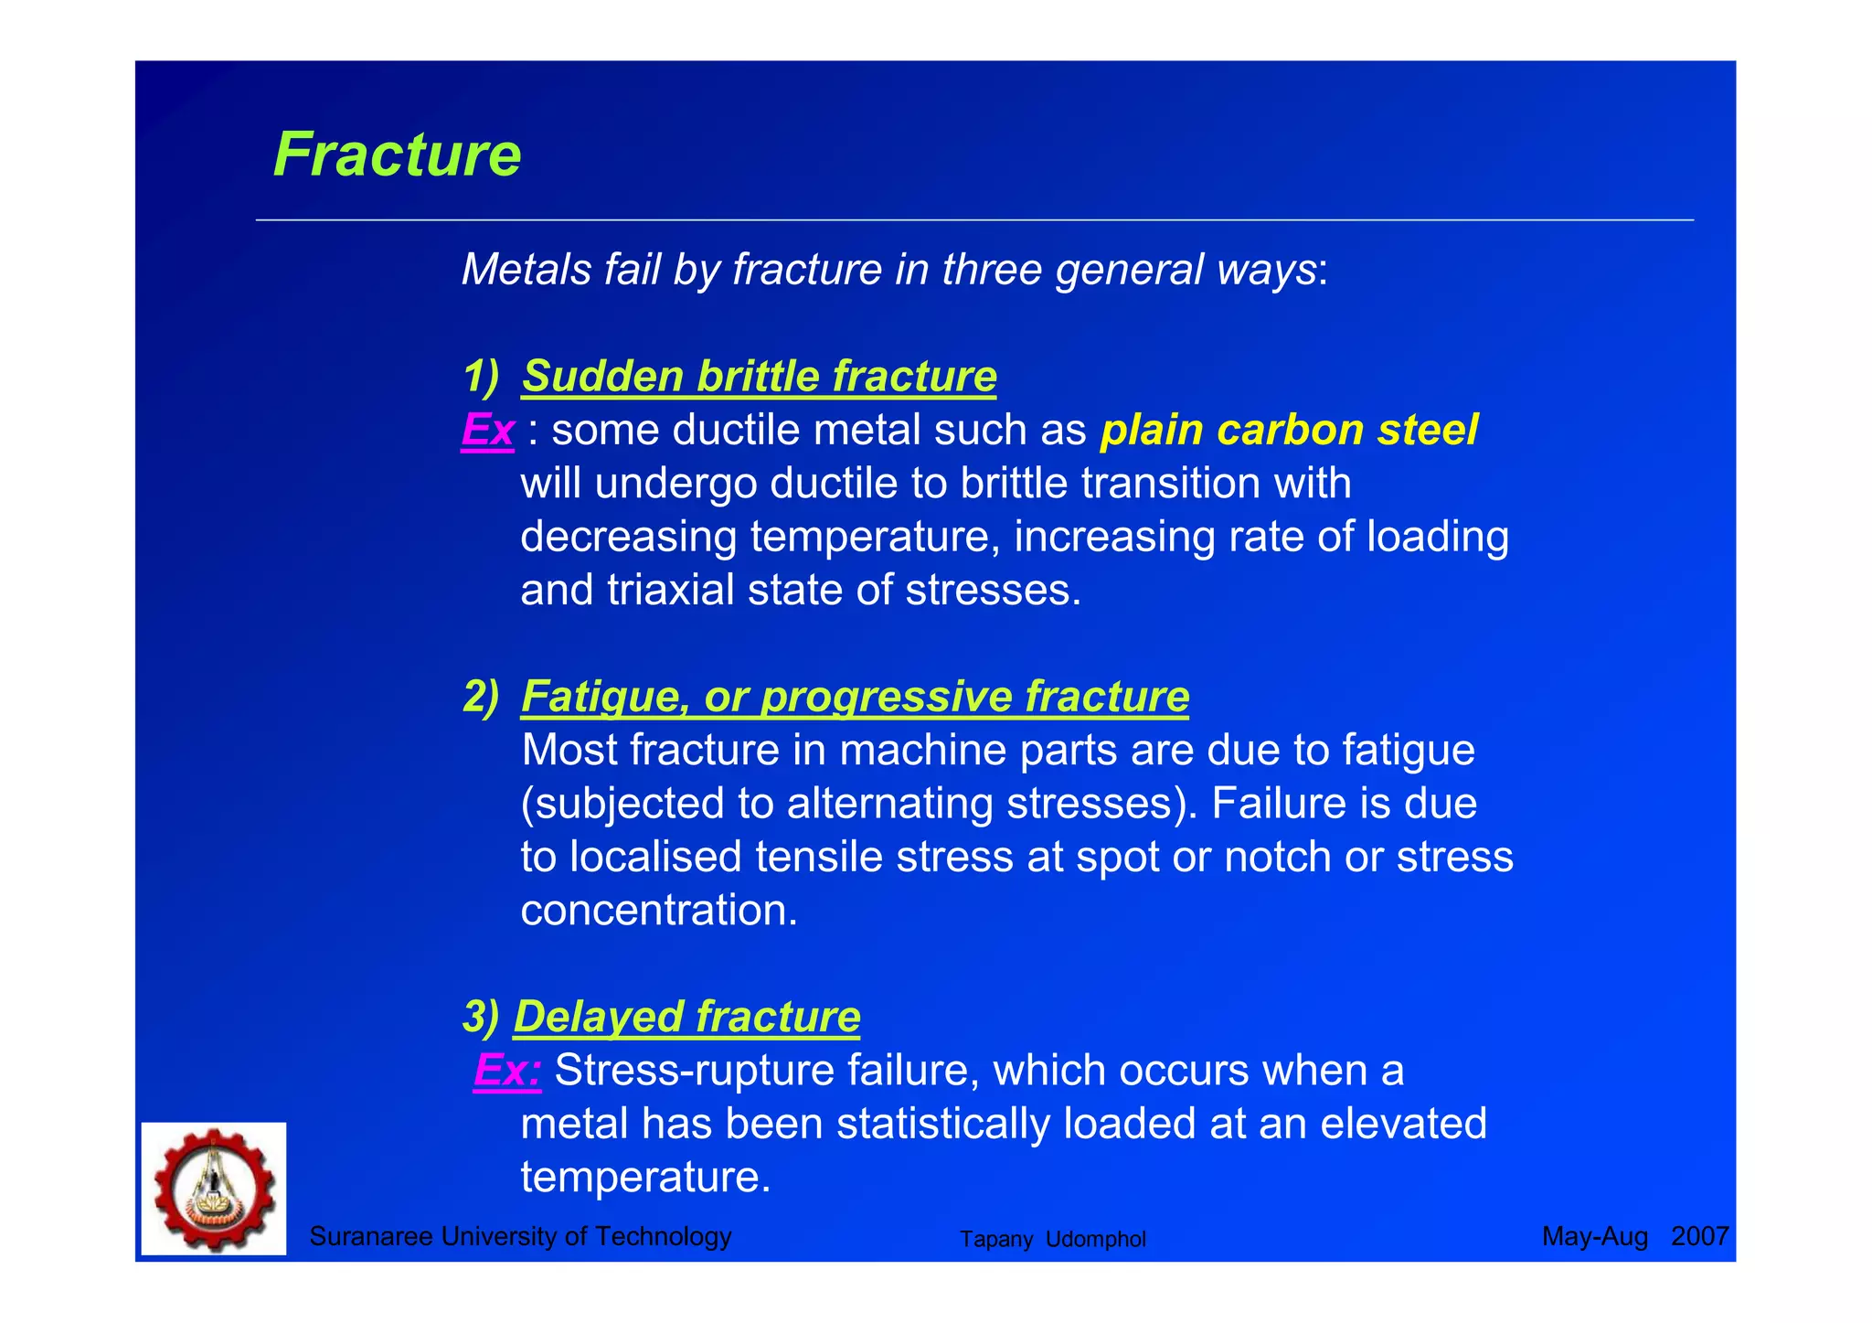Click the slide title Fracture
[x=397, y=155]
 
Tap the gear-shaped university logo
[x=214, y=1189]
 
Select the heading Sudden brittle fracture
[x=759, y=377]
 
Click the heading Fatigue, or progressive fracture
[x=855, y=697]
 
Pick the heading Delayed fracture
[x=686, y=1017]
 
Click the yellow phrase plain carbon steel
[x=1289, y=430]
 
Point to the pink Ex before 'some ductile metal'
[x=487, y=430]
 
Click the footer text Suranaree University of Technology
[x=520, y=1236]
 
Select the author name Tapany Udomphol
[x=1052, y=1239]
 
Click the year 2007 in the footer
[x=1699, y=1236]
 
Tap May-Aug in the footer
[x=1594, y=1236]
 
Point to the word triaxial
[x=671, y=590]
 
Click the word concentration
[x=658, y=911]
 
